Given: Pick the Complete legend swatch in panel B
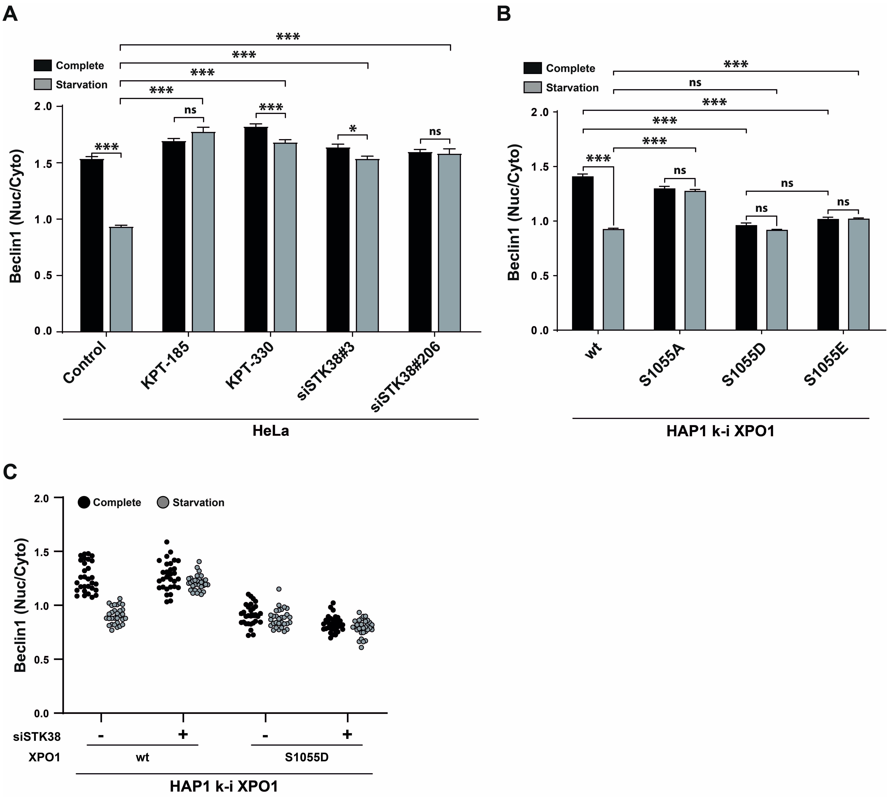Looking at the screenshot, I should (532, 68).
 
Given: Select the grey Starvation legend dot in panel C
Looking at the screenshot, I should (163, 502).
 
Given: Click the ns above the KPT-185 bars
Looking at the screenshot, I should (190, 110).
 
